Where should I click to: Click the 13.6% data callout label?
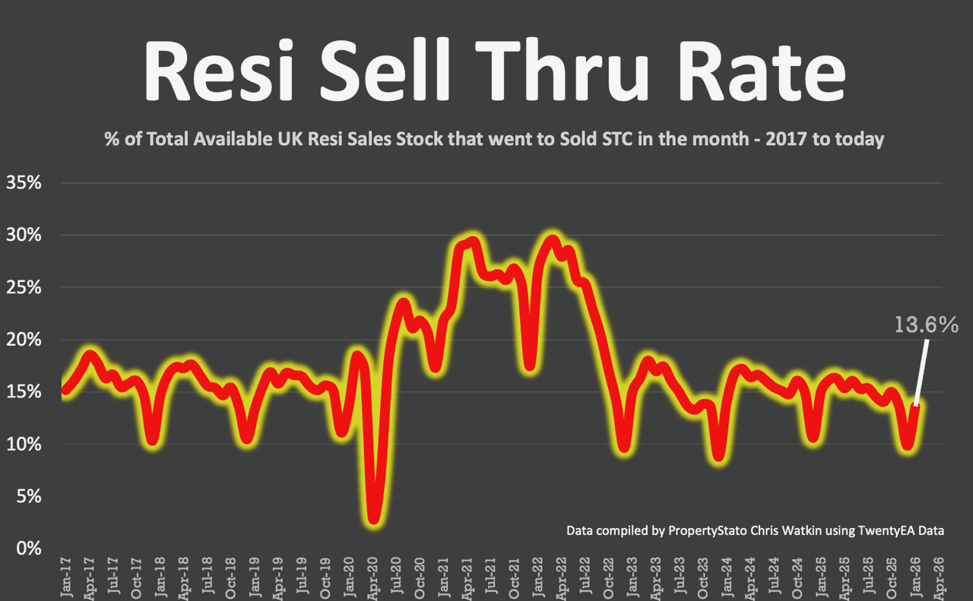click(927, 325)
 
